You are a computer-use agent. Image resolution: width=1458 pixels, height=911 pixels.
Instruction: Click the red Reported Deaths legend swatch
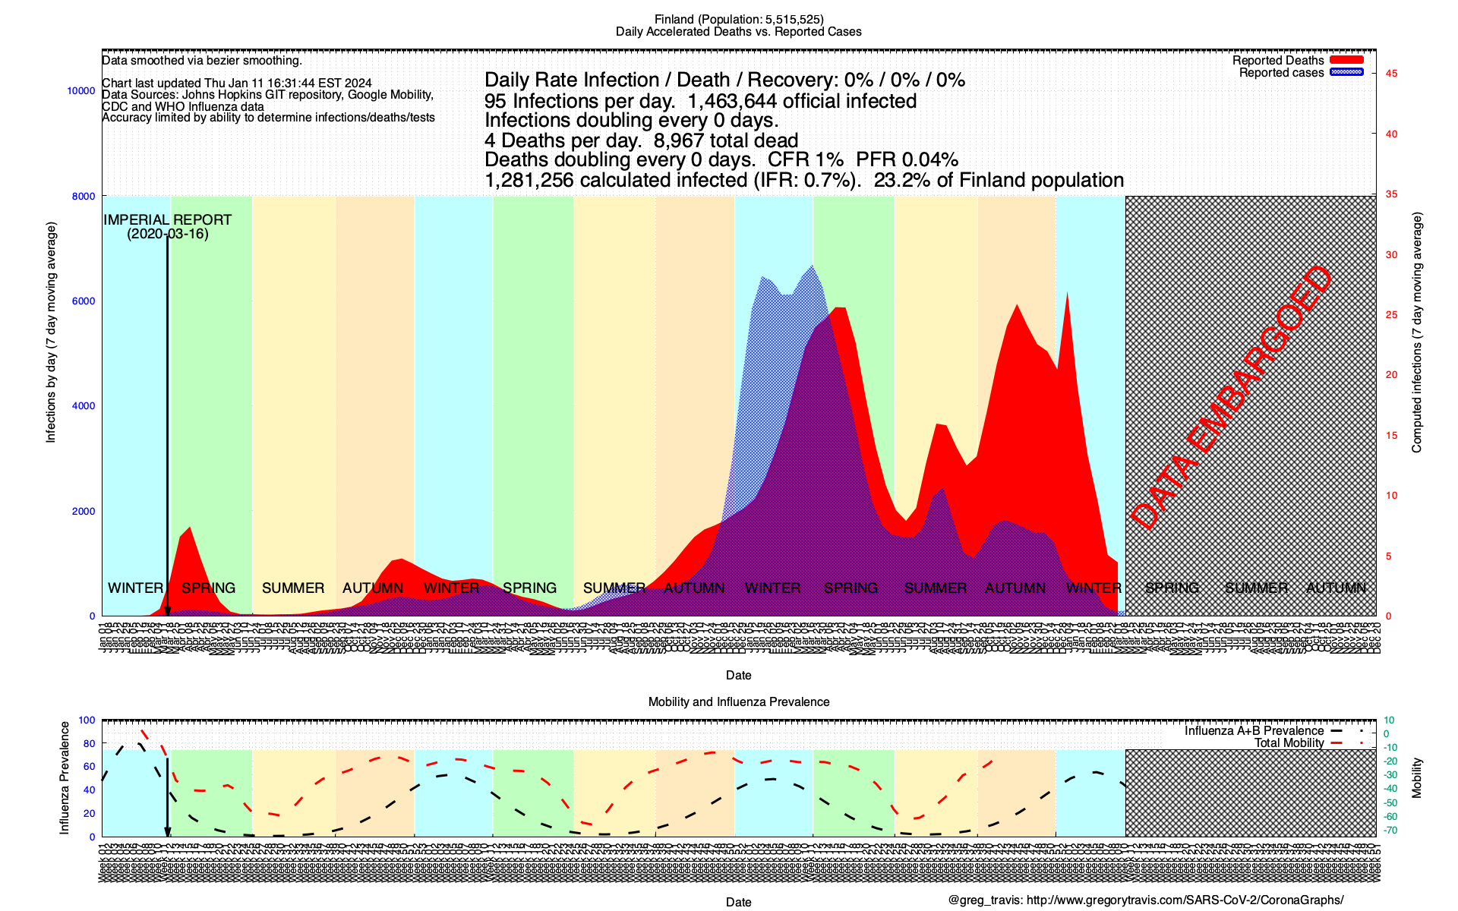point(1346,60)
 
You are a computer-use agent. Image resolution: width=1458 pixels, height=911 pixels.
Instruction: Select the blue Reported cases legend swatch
point(1346,72)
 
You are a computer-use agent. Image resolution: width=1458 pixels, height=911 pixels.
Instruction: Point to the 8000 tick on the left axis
point(84,196)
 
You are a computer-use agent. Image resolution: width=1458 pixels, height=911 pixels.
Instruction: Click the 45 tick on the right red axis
point(1391,74)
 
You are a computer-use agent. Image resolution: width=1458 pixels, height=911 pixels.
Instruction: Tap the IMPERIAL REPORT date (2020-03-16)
point(167,234)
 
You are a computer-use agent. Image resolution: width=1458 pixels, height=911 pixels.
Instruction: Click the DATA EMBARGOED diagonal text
point(1231,399)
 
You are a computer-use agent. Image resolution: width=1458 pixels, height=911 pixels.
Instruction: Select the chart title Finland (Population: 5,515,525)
point(738,20)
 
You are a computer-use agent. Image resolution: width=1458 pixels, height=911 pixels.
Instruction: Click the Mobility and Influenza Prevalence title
point(738,702)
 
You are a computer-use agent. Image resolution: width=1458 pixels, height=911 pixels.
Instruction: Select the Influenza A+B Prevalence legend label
point(1254,731)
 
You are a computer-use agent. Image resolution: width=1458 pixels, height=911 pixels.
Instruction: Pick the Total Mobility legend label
point(1289,743)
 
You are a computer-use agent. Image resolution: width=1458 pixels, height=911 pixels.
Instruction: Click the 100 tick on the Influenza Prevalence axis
point(87,720)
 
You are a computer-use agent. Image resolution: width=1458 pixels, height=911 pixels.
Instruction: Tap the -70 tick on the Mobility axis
point(1390,831)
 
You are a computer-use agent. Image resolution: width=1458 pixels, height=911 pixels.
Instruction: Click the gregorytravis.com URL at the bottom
point(1185,900)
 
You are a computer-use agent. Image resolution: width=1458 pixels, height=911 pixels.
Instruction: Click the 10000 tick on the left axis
point(81,91)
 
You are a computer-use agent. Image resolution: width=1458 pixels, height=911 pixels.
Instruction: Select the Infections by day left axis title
point(51,333)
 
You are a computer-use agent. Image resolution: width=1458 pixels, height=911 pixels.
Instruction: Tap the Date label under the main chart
point(738,675)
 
